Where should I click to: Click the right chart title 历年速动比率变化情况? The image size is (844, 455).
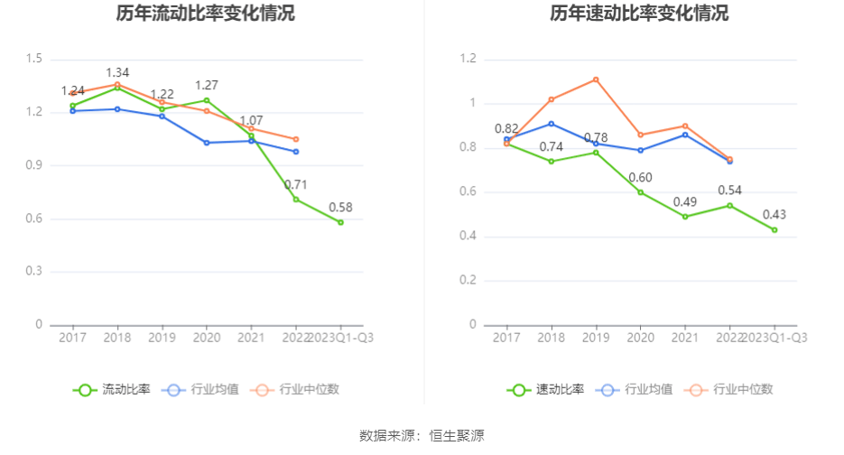[x=639, y=14]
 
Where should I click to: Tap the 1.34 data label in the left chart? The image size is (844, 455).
[x=118, y=72]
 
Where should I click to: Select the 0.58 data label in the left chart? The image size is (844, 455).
[x=340, y=207]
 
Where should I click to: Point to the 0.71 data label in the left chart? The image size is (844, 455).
[x=296, y=185]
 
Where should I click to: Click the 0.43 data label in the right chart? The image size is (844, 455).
[x=774, y=214]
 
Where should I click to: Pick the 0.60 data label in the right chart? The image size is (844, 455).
[x=640, y=177]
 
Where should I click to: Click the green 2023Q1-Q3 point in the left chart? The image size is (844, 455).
[x=340, y=222]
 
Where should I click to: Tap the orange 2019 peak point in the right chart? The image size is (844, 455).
[x=596, y=79]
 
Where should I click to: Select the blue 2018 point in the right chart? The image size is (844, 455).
[x=552, y=124]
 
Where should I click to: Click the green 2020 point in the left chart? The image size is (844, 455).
[x=207, y=100]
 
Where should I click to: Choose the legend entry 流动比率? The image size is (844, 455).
[x=112, y=390]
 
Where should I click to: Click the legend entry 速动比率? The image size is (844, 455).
[x=546, y=390]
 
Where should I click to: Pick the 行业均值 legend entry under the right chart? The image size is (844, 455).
[x=642, y=390]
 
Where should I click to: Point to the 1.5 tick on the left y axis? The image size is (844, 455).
[x=34, y=60]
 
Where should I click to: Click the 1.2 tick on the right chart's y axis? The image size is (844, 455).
[x=468, y=60]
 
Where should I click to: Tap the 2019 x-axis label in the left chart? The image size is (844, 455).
[x=162, y=337]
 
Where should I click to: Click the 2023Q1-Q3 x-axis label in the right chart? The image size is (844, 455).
[x=774, y=337]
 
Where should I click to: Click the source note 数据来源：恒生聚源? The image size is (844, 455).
[x=422, y=436]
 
